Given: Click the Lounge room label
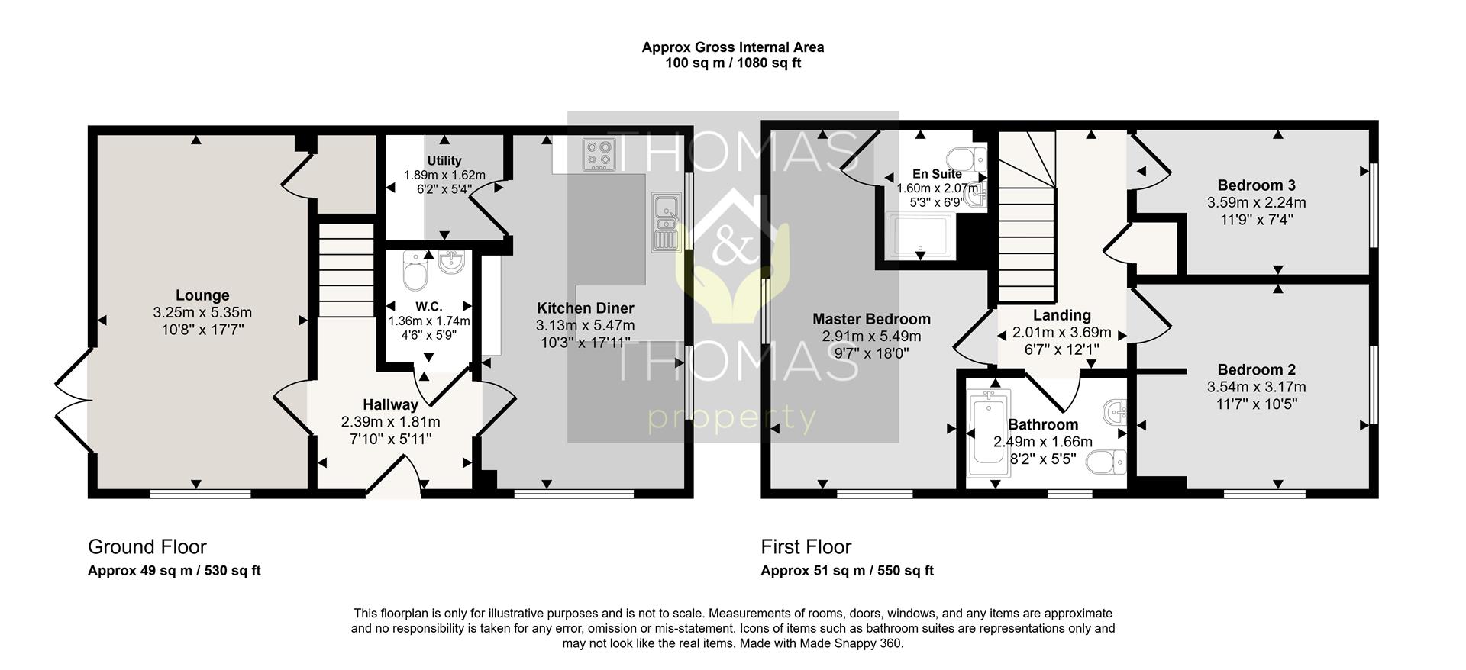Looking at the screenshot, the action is [202, 295].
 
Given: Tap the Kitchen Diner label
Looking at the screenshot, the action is [585, 308].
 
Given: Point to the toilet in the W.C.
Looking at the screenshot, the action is [415, 272].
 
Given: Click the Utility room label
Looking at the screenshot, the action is [444, 161].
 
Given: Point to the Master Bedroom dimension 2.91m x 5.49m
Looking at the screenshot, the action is [871, 337].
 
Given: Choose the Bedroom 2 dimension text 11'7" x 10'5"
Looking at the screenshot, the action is [1256, 404].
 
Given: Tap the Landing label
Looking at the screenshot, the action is [1061, 315].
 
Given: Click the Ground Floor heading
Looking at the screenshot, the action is [147, 546].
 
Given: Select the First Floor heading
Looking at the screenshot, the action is [806, 546].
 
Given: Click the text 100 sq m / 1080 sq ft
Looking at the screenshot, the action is [733, 63].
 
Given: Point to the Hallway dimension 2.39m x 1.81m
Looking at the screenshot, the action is [390, 422].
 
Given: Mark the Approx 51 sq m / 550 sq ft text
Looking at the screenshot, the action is [847, 571].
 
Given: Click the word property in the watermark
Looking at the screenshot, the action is [731, 419].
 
